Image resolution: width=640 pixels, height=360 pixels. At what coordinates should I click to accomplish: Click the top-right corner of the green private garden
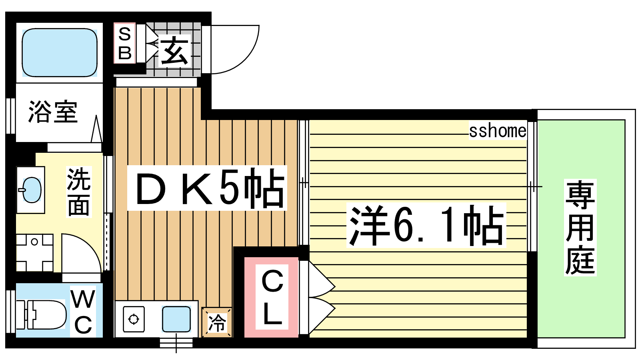(x=625, y=120)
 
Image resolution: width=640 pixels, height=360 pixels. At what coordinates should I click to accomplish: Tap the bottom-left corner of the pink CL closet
(x=244, y=337)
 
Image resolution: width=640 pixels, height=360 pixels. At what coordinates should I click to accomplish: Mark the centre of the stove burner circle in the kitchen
(x=134, y=319)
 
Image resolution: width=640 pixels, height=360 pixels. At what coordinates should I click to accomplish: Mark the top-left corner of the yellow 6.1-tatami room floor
(x=310, y=120)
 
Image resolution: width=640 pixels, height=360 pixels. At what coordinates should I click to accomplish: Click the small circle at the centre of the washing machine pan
(x=34, y=242)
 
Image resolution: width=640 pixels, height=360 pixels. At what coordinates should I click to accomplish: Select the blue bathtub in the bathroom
(x=60, y=52)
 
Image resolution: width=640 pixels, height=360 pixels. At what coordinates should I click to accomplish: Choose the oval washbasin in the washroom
(x=31, y=190)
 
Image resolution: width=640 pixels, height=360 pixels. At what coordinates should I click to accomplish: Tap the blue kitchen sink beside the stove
(x=176, y=319)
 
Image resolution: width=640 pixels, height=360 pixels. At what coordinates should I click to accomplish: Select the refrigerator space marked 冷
(x=217, y=322)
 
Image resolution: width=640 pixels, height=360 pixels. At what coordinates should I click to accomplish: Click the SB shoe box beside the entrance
(x=124, y=43)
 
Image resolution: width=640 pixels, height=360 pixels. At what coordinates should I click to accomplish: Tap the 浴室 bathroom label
(x=53, y=112)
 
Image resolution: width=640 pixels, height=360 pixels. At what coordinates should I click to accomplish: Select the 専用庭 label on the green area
(x=580, y=228)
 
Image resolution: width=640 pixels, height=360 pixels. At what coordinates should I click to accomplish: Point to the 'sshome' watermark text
(x=498, y=131)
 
